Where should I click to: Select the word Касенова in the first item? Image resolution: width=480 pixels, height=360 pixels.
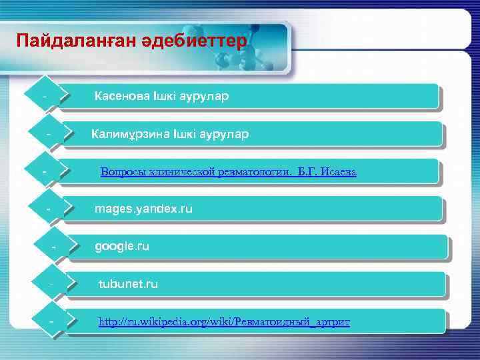click(x=123, y=96)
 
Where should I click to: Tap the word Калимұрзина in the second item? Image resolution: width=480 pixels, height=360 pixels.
click(x=130, y=134)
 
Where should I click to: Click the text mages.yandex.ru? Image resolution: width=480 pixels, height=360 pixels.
click(x=143, y=209)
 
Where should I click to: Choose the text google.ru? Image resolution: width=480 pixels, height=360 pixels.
click(x=122, y=247)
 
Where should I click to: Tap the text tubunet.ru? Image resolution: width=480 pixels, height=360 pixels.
click(x=128, y=284)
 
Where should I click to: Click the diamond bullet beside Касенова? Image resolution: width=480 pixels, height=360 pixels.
click(x=45, y=98)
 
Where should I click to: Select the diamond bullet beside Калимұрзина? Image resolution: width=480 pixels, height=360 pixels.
click(x=49, y=135)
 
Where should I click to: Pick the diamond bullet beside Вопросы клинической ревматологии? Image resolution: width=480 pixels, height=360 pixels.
click(x=45, y=173)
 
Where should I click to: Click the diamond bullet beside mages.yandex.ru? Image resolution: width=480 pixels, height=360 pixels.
click(x=49, y=210)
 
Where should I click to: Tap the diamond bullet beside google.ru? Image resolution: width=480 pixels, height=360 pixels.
click(x=53, y=248)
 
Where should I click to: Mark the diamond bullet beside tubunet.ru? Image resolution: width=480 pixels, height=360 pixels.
click(x=51, y=285)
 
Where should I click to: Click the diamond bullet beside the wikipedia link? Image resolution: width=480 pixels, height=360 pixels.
click(x=51, y=323)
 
